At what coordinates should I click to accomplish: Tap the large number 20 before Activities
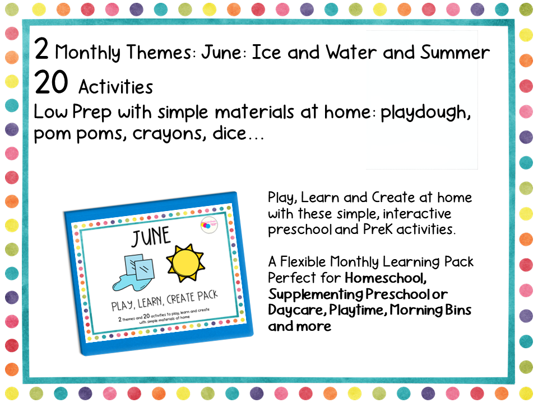click(51, 83)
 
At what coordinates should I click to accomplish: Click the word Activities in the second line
click(115, 87)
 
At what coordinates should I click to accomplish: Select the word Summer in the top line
click(455, 53)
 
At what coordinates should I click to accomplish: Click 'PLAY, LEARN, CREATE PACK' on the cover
click(156, 303)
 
